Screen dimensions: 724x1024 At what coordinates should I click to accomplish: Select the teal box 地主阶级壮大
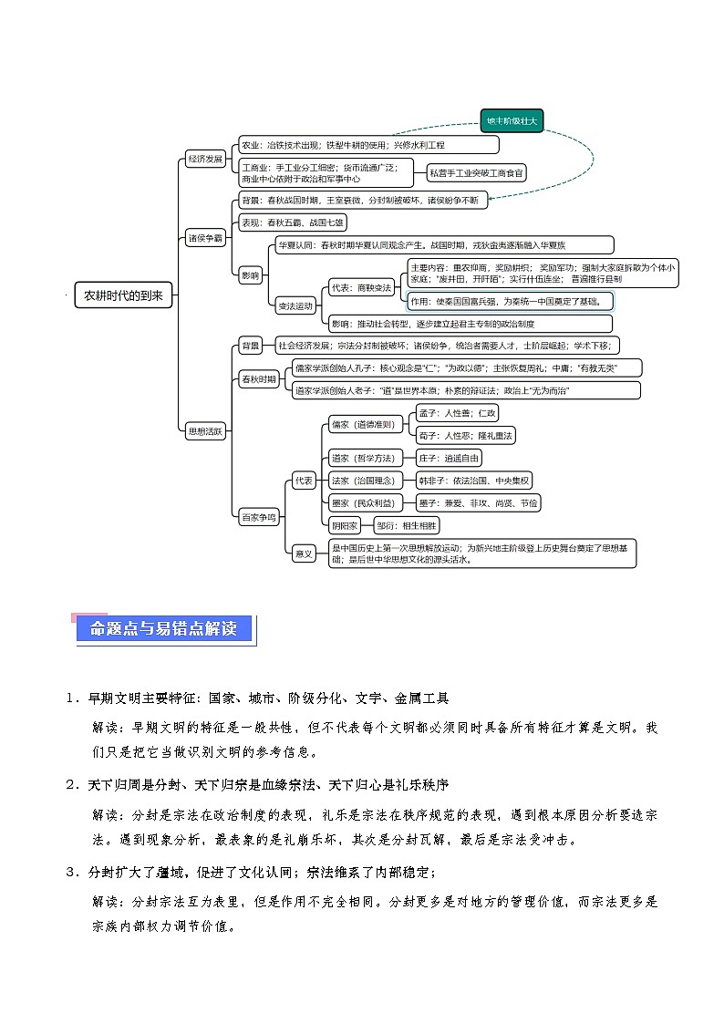pos(512,120)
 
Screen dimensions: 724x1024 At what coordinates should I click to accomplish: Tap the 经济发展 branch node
pos(205,159)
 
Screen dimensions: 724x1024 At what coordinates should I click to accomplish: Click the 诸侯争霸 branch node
pos(205,238)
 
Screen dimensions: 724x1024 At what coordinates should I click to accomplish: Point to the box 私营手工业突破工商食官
pos(477,172)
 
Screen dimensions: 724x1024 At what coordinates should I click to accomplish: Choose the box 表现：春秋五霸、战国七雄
pos(292,222)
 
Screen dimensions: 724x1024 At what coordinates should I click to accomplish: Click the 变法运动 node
pos(295,305)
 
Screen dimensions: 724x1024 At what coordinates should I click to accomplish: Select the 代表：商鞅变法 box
pos(361,288)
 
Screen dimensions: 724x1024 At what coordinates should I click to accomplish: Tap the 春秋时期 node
pos(259,379)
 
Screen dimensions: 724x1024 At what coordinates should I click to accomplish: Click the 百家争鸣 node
pos(259,517)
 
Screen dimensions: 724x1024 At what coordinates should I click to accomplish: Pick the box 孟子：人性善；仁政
pos(457,413)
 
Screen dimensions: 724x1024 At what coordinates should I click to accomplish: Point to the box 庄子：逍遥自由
pos(449,458)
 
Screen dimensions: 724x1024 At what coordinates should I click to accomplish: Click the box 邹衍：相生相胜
pos(407,525)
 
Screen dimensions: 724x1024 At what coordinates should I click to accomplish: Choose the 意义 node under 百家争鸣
pos(304,553)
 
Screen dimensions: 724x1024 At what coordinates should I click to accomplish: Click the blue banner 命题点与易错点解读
pos(163,628)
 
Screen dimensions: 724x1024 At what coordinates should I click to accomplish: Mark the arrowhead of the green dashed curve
pos(489,198)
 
